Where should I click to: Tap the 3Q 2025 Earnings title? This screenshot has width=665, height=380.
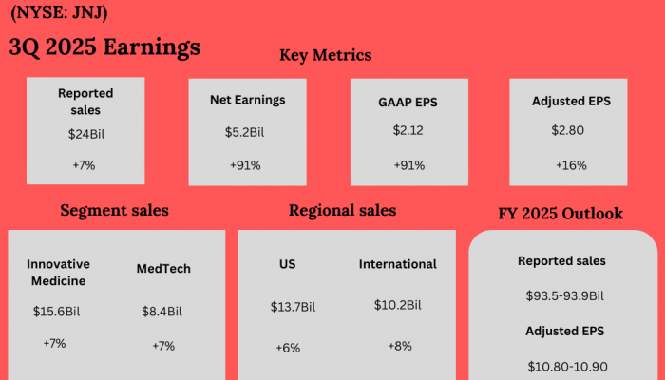pyautogui.click(x=104, y=47)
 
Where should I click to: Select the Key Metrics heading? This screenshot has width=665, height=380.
pyautogui.click(x=325, y=55)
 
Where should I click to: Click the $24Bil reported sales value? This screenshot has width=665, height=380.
pyautogui.click(x=85, y=134)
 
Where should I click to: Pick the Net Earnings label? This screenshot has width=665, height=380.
pyautogui.click(x=248, y=100)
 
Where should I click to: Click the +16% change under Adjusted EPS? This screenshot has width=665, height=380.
pyautogui.click(x=571, y=164)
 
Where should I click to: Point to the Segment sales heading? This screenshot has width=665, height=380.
pyautogui.click(x=114, y=210)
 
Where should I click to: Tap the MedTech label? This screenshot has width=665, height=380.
pyautogui.click(x=163, y=268)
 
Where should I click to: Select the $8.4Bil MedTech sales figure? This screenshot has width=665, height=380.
pyautogui.click(x=161, y=311)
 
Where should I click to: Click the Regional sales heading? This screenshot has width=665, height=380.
pyautogui.click(x=343, y=210)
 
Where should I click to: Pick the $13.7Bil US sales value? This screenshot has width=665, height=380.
pyautogui.click(x=293, y=306)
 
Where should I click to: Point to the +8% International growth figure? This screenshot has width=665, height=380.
pyautogui.click(x=399, y=346)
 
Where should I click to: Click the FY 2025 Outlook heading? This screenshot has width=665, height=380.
pyautogui.click(x=560, y=213)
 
